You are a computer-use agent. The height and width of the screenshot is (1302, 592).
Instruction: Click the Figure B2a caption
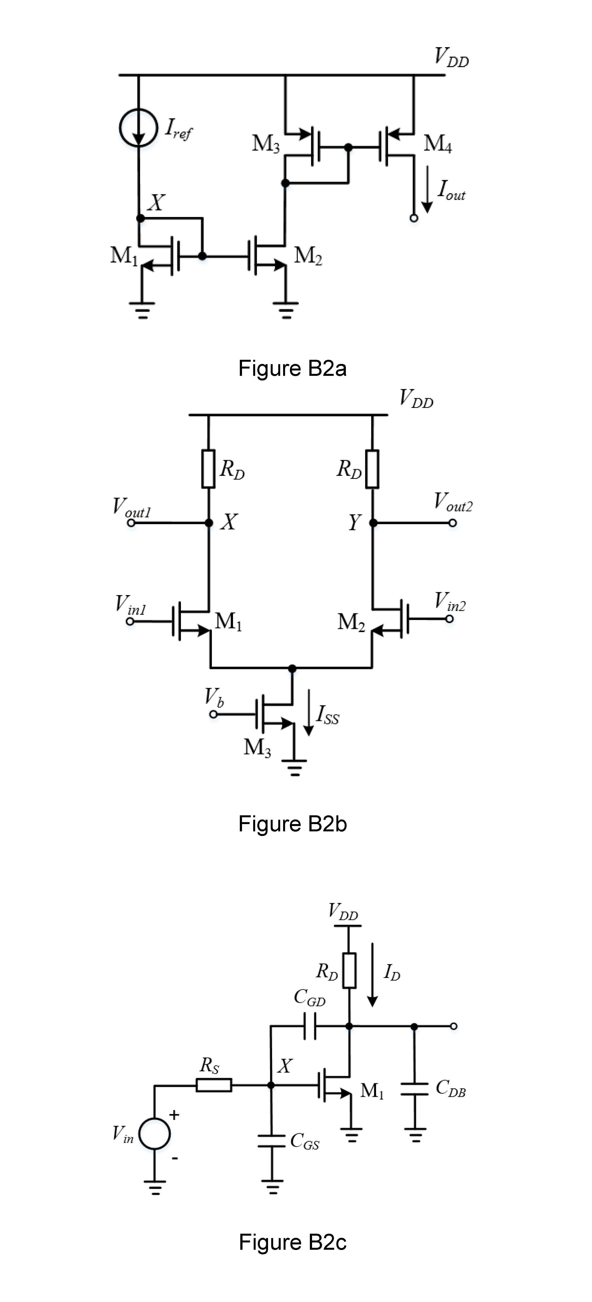(292, 369)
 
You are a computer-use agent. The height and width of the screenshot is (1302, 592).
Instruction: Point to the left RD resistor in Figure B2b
(208, 468)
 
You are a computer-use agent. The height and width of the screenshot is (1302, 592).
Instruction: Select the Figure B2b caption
(292, 824)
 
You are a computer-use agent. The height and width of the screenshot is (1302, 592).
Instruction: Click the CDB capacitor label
(450, 1088)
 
